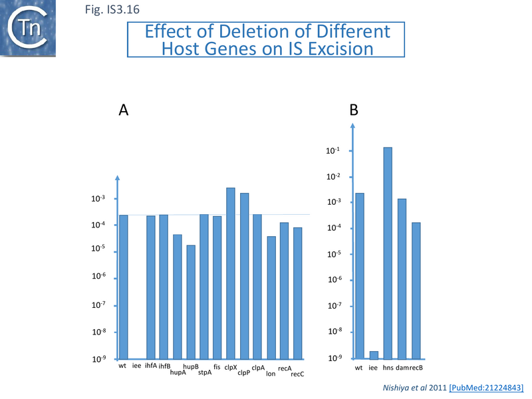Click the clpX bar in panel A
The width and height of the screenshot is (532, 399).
pyautogui.click(x=231, y=273)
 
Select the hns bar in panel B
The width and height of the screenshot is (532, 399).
pyautogui.click(x=388, y=253)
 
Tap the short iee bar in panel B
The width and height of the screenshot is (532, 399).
pyautogui.click(x=373, y=355)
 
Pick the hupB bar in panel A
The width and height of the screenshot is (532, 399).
pyautogui.click(x=191, y=302)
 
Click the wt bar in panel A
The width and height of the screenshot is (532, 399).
pyautogui.click(x=123, y=287)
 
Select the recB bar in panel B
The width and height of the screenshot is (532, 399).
pyautogui.click(x=416, y=291)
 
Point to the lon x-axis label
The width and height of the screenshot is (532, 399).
pyautogui.click(x=271, y=374)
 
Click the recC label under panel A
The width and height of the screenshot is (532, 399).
pyautogui.click(x=298, y=374)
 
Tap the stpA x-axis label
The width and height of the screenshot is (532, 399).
pyautogui.click(x=205, y=372)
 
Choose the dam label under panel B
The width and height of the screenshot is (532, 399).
pyautogui.click(x=402, y=367)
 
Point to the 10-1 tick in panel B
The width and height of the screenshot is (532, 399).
pyautogui.click(x=332, y=151)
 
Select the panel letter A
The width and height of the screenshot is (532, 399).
pyautogui.click(x=123, y=111)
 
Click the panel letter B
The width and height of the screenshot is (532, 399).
pyautogui.click(x=354, y=111)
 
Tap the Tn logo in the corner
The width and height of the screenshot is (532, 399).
pyautogui.click(x=29, y=28)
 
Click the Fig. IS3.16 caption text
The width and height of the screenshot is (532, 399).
pyautogui.click(x=112, y=10)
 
